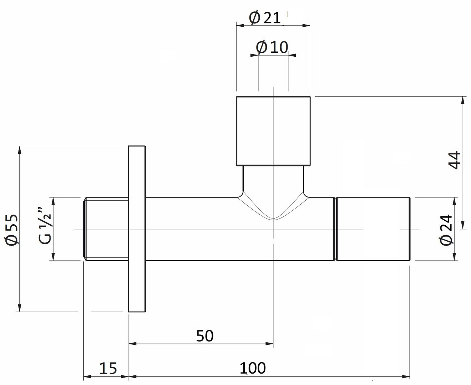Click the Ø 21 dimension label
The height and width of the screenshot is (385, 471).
click(265, 18)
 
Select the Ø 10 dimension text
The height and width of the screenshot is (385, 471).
click(272, 47)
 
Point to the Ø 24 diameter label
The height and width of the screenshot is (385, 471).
click(446, 230)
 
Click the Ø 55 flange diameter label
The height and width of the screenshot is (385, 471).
click(11, 230)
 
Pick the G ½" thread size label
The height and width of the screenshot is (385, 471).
click(45, 226)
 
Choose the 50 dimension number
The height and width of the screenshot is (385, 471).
click(205, 336)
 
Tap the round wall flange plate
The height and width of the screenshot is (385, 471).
click(137, 229)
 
